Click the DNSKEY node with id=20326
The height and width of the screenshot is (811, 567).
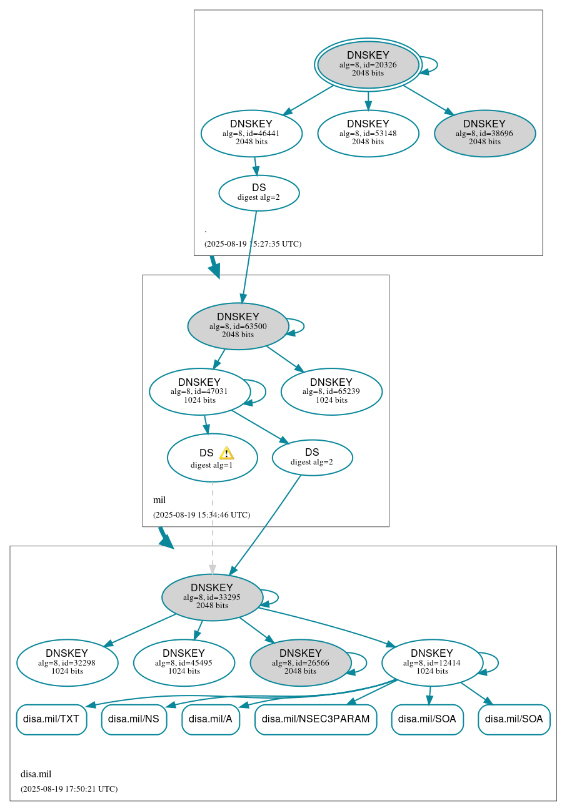(368, 64)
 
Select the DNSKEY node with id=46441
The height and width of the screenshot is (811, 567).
(251, 133)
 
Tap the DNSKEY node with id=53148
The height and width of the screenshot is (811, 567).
(368, 133)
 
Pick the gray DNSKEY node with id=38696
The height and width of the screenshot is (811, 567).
(484, 133)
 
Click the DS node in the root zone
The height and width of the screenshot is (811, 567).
(259, 192)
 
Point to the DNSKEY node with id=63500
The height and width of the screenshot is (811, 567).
(238, 326)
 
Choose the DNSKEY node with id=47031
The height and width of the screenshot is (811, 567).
(199, 391)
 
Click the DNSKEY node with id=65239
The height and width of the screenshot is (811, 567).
(331, 391)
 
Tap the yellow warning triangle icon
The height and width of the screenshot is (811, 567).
(226, 453)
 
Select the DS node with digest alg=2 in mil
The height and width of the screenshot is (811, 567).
(312, 457)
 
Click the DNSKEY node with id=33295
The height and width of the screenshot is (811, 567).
(212, 597)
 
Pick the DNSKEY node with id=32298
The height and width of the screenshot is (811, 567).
(67, 662)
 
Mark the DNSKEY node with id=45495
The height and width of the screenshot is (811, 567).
(184, 662)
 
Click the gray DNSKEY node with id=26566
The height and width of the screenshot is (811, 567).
(300, 662)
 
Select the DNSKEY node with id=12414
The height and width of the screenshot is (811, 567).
(432, 662)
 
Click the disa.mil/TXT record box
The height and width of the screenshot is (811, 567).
(51, 719)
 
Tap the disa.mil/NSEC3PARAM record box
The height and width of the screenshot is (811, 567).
(316, 719)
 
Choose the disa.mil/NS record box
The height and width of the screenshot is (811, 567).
(134, 719)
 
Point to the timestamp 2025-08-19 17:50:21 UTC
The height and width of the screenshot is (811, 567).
(69, 789)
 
